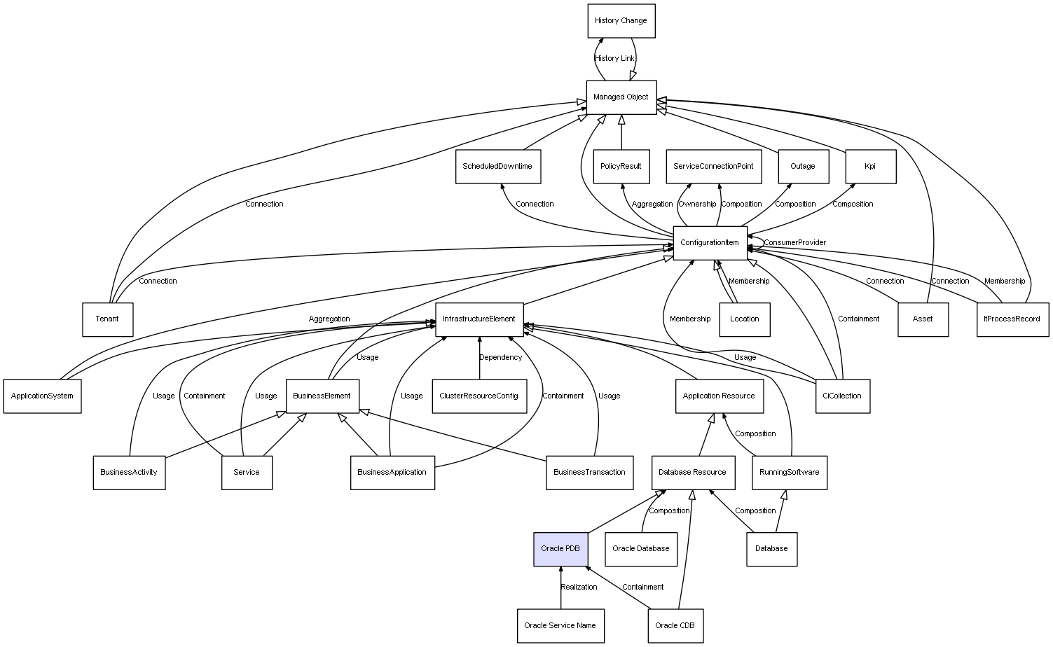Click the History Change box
pos(621,21)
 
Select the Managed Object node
pos(621,97)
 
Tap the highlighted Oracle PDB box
pos(560,549)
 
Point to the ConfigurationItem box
pos(710,243)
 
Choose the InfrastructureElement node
pos(479,319)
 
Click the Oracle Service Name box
pos(560,625)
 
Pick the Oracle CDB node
pos(675,625)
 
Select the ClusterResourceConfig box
pos(479,396)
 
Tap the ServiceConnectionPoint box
pos(713,167)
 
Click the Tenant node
pos(107,319)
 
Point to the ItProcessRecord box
pos(1012,319)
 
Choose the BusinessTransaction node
pos(589,473)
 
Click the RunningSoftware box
pos(790,473)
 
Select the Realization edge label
pos(579,587)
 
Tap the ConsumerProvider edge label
pos(794,243)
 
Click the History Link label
pos(614,59)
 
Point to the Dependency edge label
pos(500,358)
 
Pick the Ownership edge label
pos(697,204)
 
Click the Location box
pos(744,319)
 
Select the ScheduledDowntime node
pos(497,167)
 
